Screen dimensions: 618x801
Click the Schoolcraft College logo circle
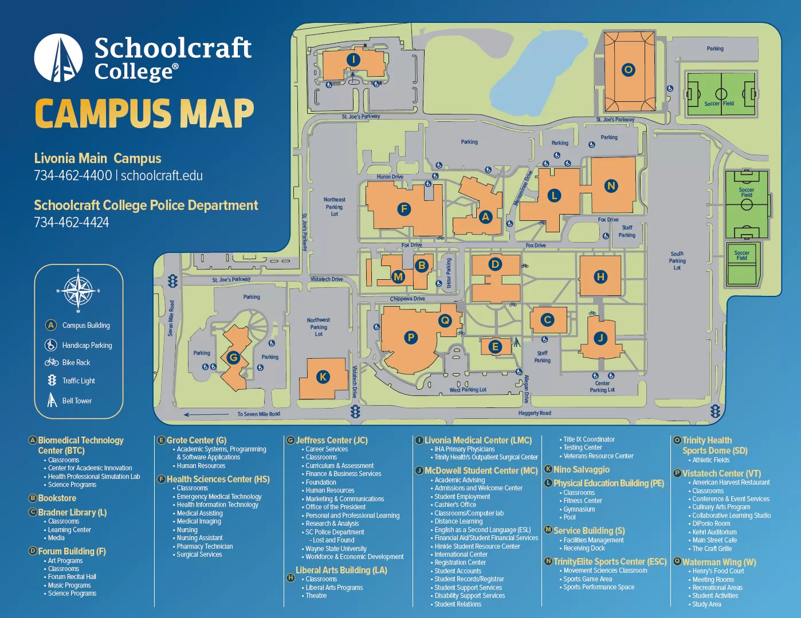(x=58, y=58)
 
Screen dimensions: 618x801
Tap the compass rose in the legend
(x=78, y=291)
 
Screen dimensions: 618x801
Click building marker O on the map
(x=629, y=70)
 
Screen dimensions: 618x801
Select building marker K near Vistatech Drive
(x=323, y=377)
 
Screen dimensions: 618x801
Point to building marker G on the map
(x=233, y=358)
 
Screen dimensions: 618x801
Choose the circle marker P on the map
(x=411, y=338)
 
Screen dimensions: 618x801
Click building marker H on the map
(x=600, y=277)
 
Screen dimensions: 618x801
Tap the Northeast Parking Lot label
(x=335, y=207)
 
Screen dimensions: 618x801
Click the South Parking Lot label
(x=677, y=260)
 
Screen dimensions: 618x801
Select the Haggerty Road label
(x=534, y=413)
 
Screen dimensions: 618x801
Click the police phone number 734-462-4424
(x=72, y=223)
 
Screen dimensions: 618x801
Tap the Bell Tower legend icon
(x=52, y=400)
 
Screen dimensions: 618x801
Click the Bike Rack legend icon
(x=52, y=362)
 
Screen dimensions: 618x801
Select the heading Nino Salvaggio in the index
(x=581, y=469)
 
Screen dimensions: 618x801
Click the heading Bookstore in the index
(x=57, y=498)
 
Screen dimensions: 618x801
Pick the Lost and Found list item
(x=333, y=540)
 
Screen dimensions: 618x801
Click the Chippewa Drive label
(x=407, y=299)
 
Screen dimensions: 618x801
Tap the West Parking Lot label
(x=468, y=390)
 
